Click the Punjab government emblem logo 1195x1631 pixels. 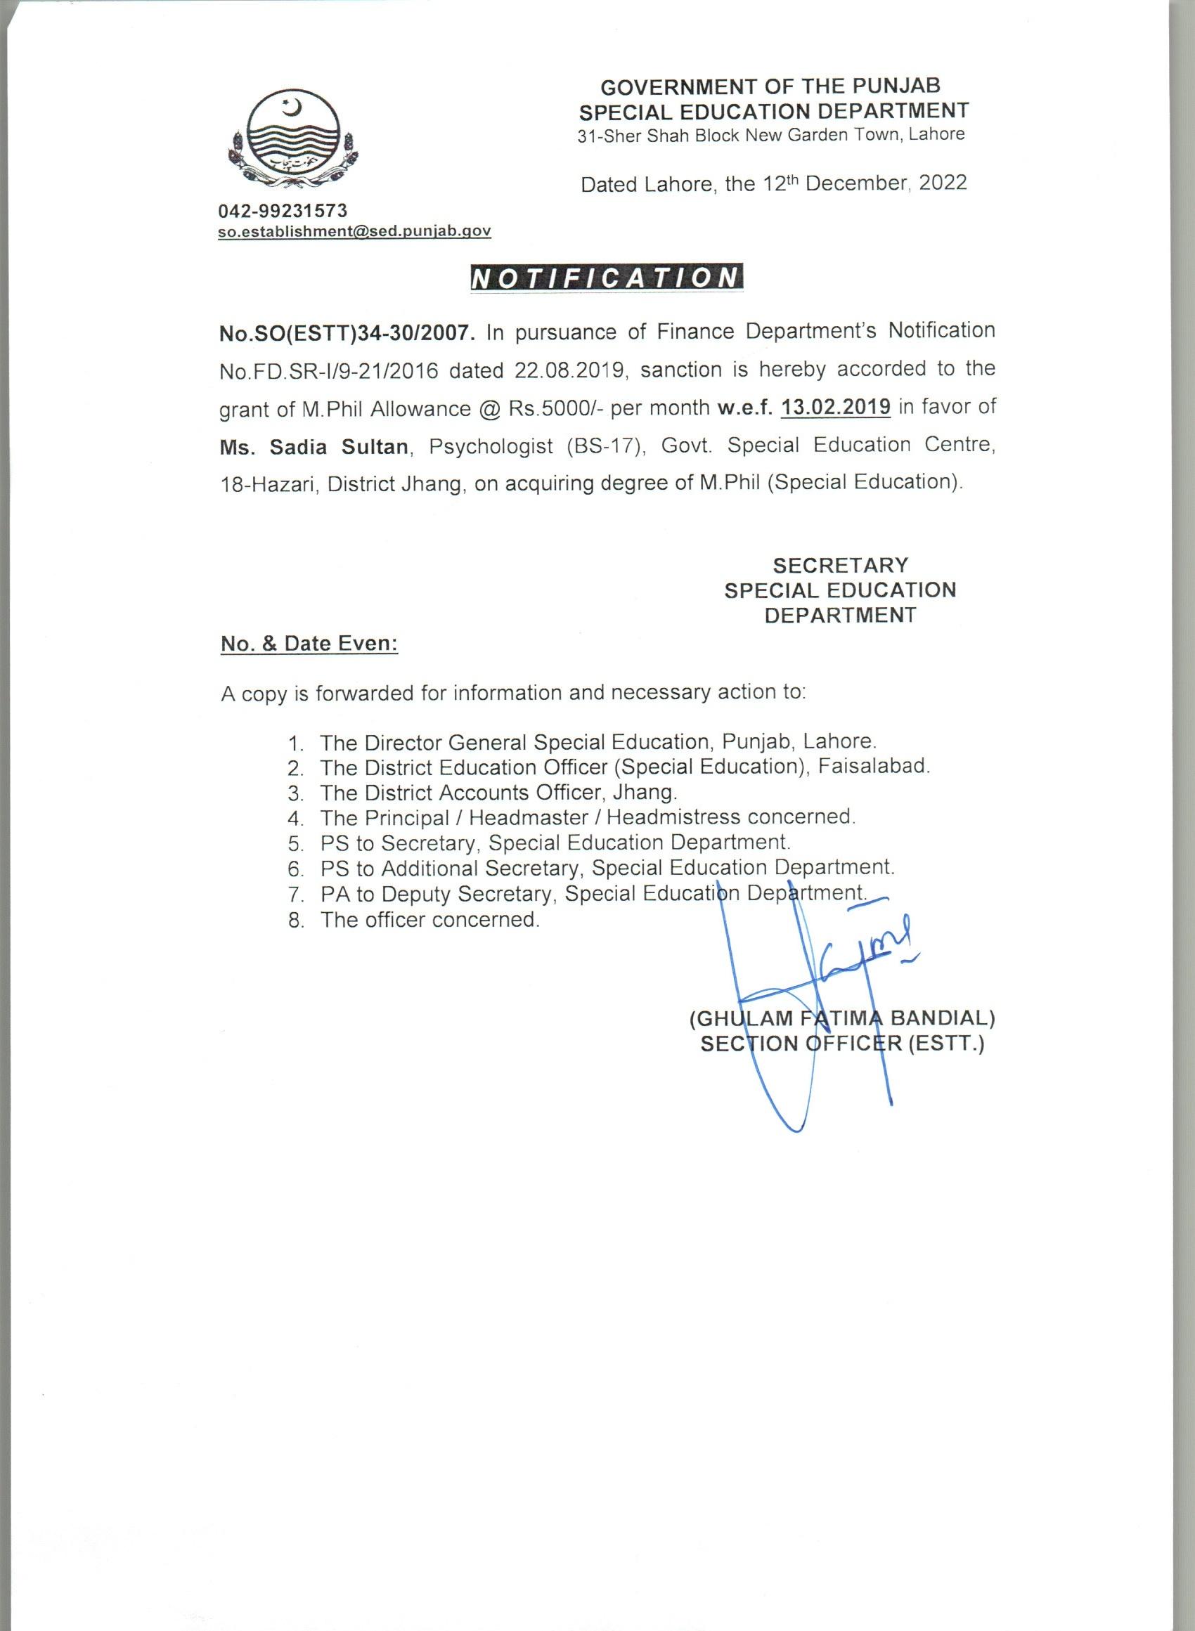point(292,139)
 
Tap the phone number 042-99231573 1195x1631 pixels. point(283,210)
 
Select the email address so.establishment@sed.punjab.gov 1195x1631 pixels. point(355,231)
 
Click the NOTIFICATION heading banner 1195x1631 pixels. point(605,279)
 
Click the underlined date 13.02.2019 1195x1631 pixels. point(836,406)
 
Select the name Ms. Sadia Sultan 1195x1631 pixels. point(315,447)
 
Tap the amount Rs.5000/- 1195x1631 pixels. point(555,408)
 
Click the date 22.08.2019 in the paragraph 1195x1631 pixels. point(570,370)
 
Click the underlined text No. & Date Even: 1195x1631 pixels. point(309,644)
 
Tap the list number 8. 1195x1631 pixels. point(295,921)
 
